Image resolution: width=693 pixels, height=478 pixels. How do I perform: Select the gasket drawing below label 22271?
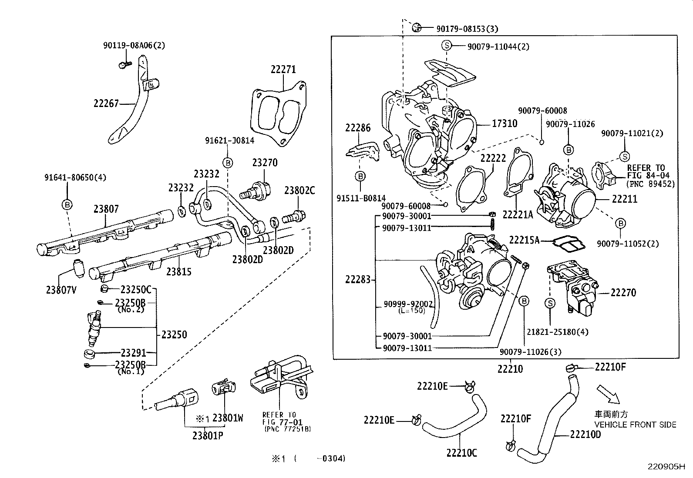coord(277,114)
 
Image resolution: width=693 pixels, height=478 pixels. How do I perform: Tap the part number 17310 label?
coord(505,124)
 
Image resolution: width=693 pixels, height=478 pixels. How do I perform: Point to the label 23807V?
coord(61,289)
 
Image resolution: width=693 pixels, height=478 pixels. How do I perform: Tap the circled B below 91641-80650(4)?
coord(67,204)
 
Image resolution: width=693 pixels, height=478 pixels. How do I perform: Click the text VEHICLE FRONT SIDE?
coord(636,425)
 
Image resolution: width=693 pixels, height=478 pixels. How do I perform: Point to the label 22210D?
coord(585,435)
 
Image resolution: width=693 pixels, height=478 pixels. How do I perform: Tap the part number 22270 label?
coord(623,293)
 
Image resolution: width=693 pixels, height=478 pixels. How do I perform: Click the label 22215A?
coord(524,240)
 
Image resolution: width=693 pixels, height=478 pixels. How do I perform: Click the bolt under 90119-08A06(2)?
coord(124,65)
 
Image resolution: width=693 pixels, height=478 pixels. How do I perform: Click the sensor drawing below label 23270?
coord(257,191)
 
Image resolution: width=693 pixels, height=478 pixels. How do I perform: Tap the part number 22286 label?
coord(358,128)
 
